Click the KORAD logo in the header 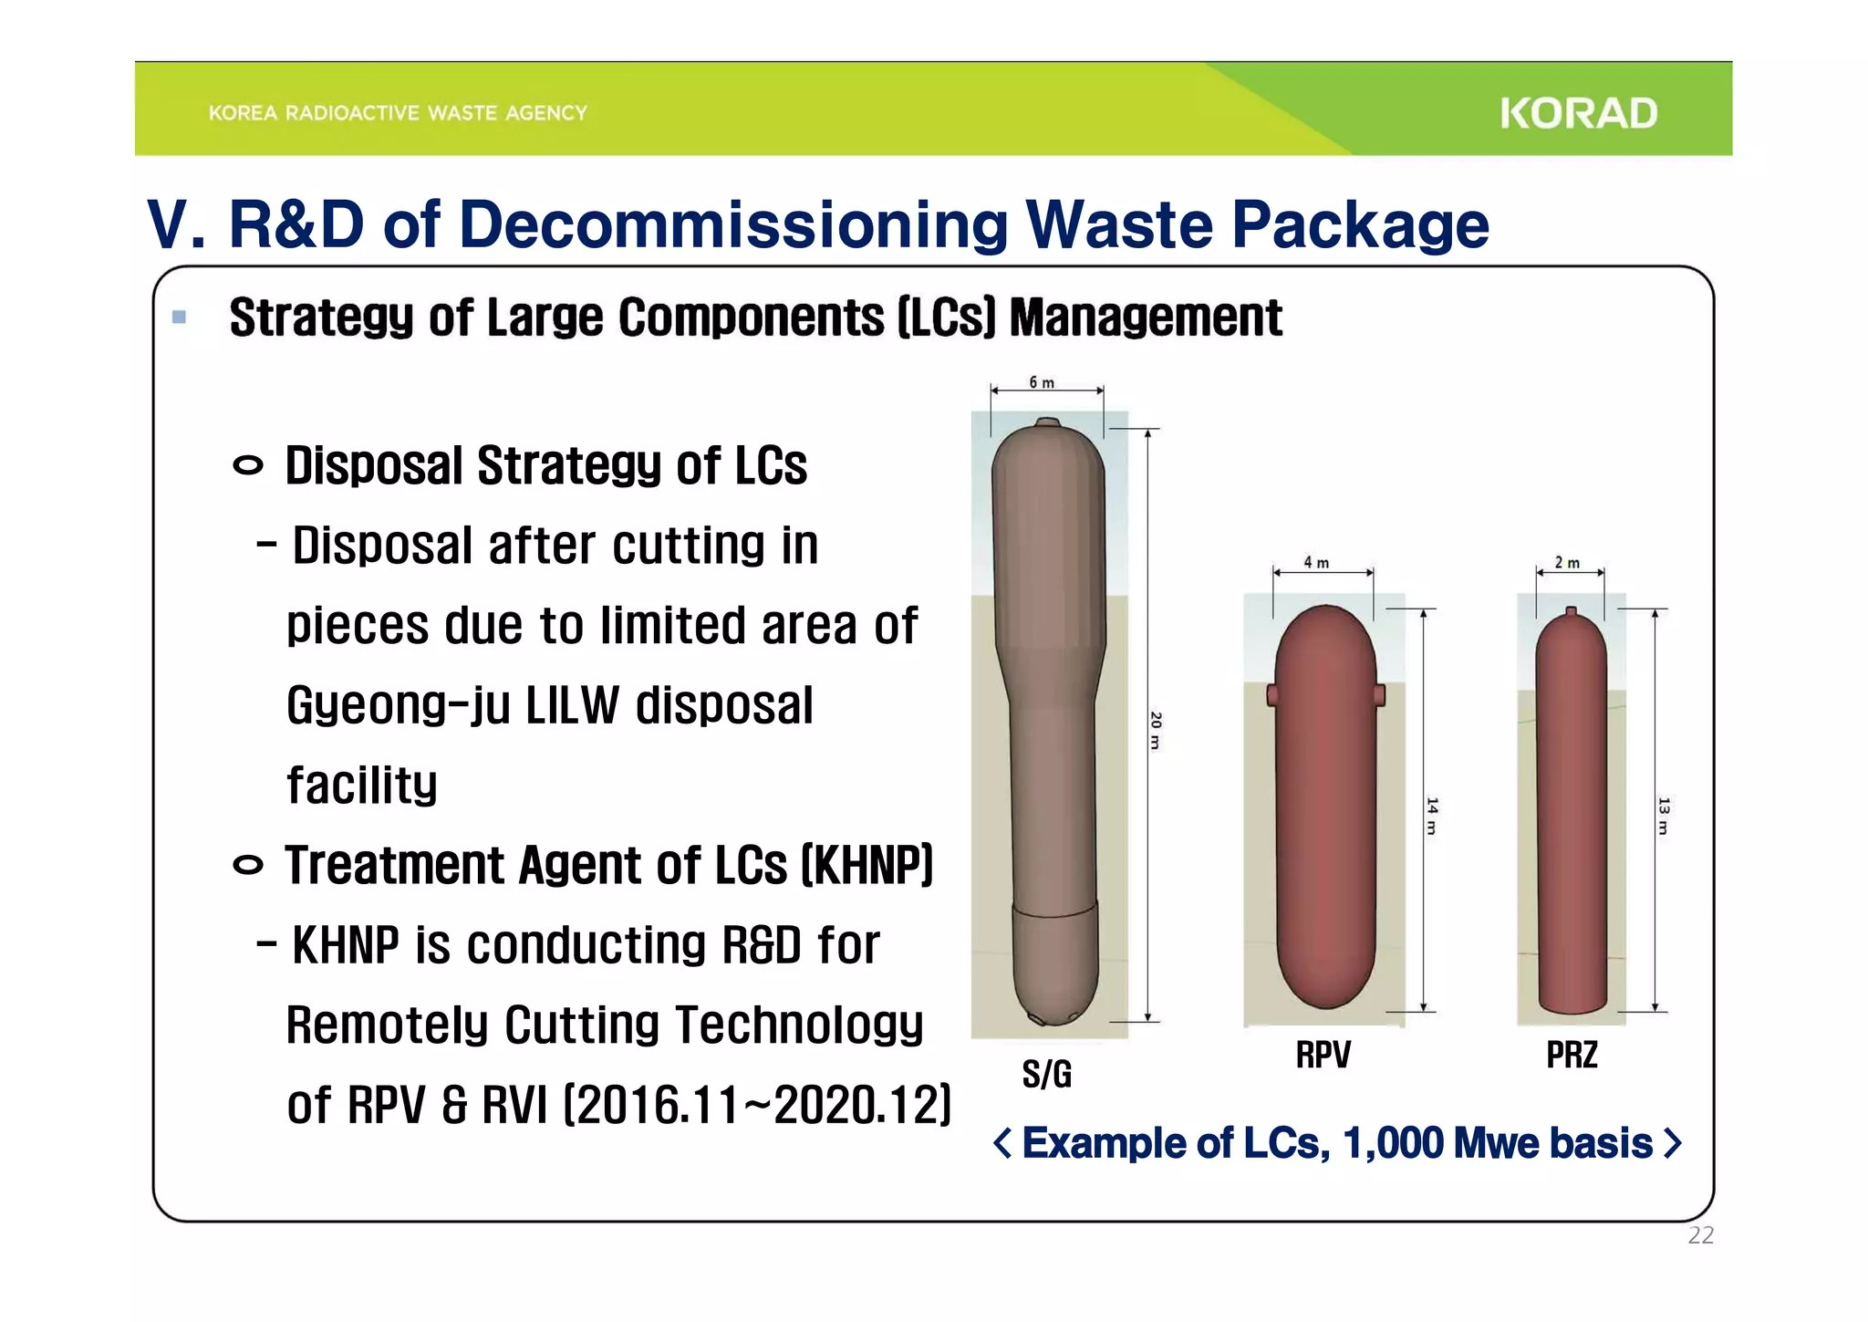(1578, 114)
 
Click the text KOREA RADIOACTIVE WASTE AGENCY (398, 113)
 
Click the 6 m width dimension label (1041, 382)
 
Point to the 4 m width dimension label (1315, 562)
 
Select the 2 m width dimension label (1566, 562)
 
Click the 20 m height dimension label (1155, 730)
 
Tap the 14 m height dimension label (1432, 816)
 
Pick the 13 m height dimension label (1663, 816)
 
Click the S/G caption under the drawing (1046, 1074)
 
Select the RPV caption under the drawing (1323, 1055)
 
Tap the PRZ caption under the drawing (1571, 1055)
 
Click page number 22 (1700, 1235)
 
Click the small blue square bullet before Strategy (179, 317)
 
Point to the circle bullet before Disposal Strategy (247, 466)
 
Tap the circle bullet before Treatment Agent (247, 865)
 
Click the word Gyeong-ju (398, 706)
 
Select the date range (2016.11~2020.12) (757, 1106)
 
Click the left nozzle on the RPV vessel (1271, 696)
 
